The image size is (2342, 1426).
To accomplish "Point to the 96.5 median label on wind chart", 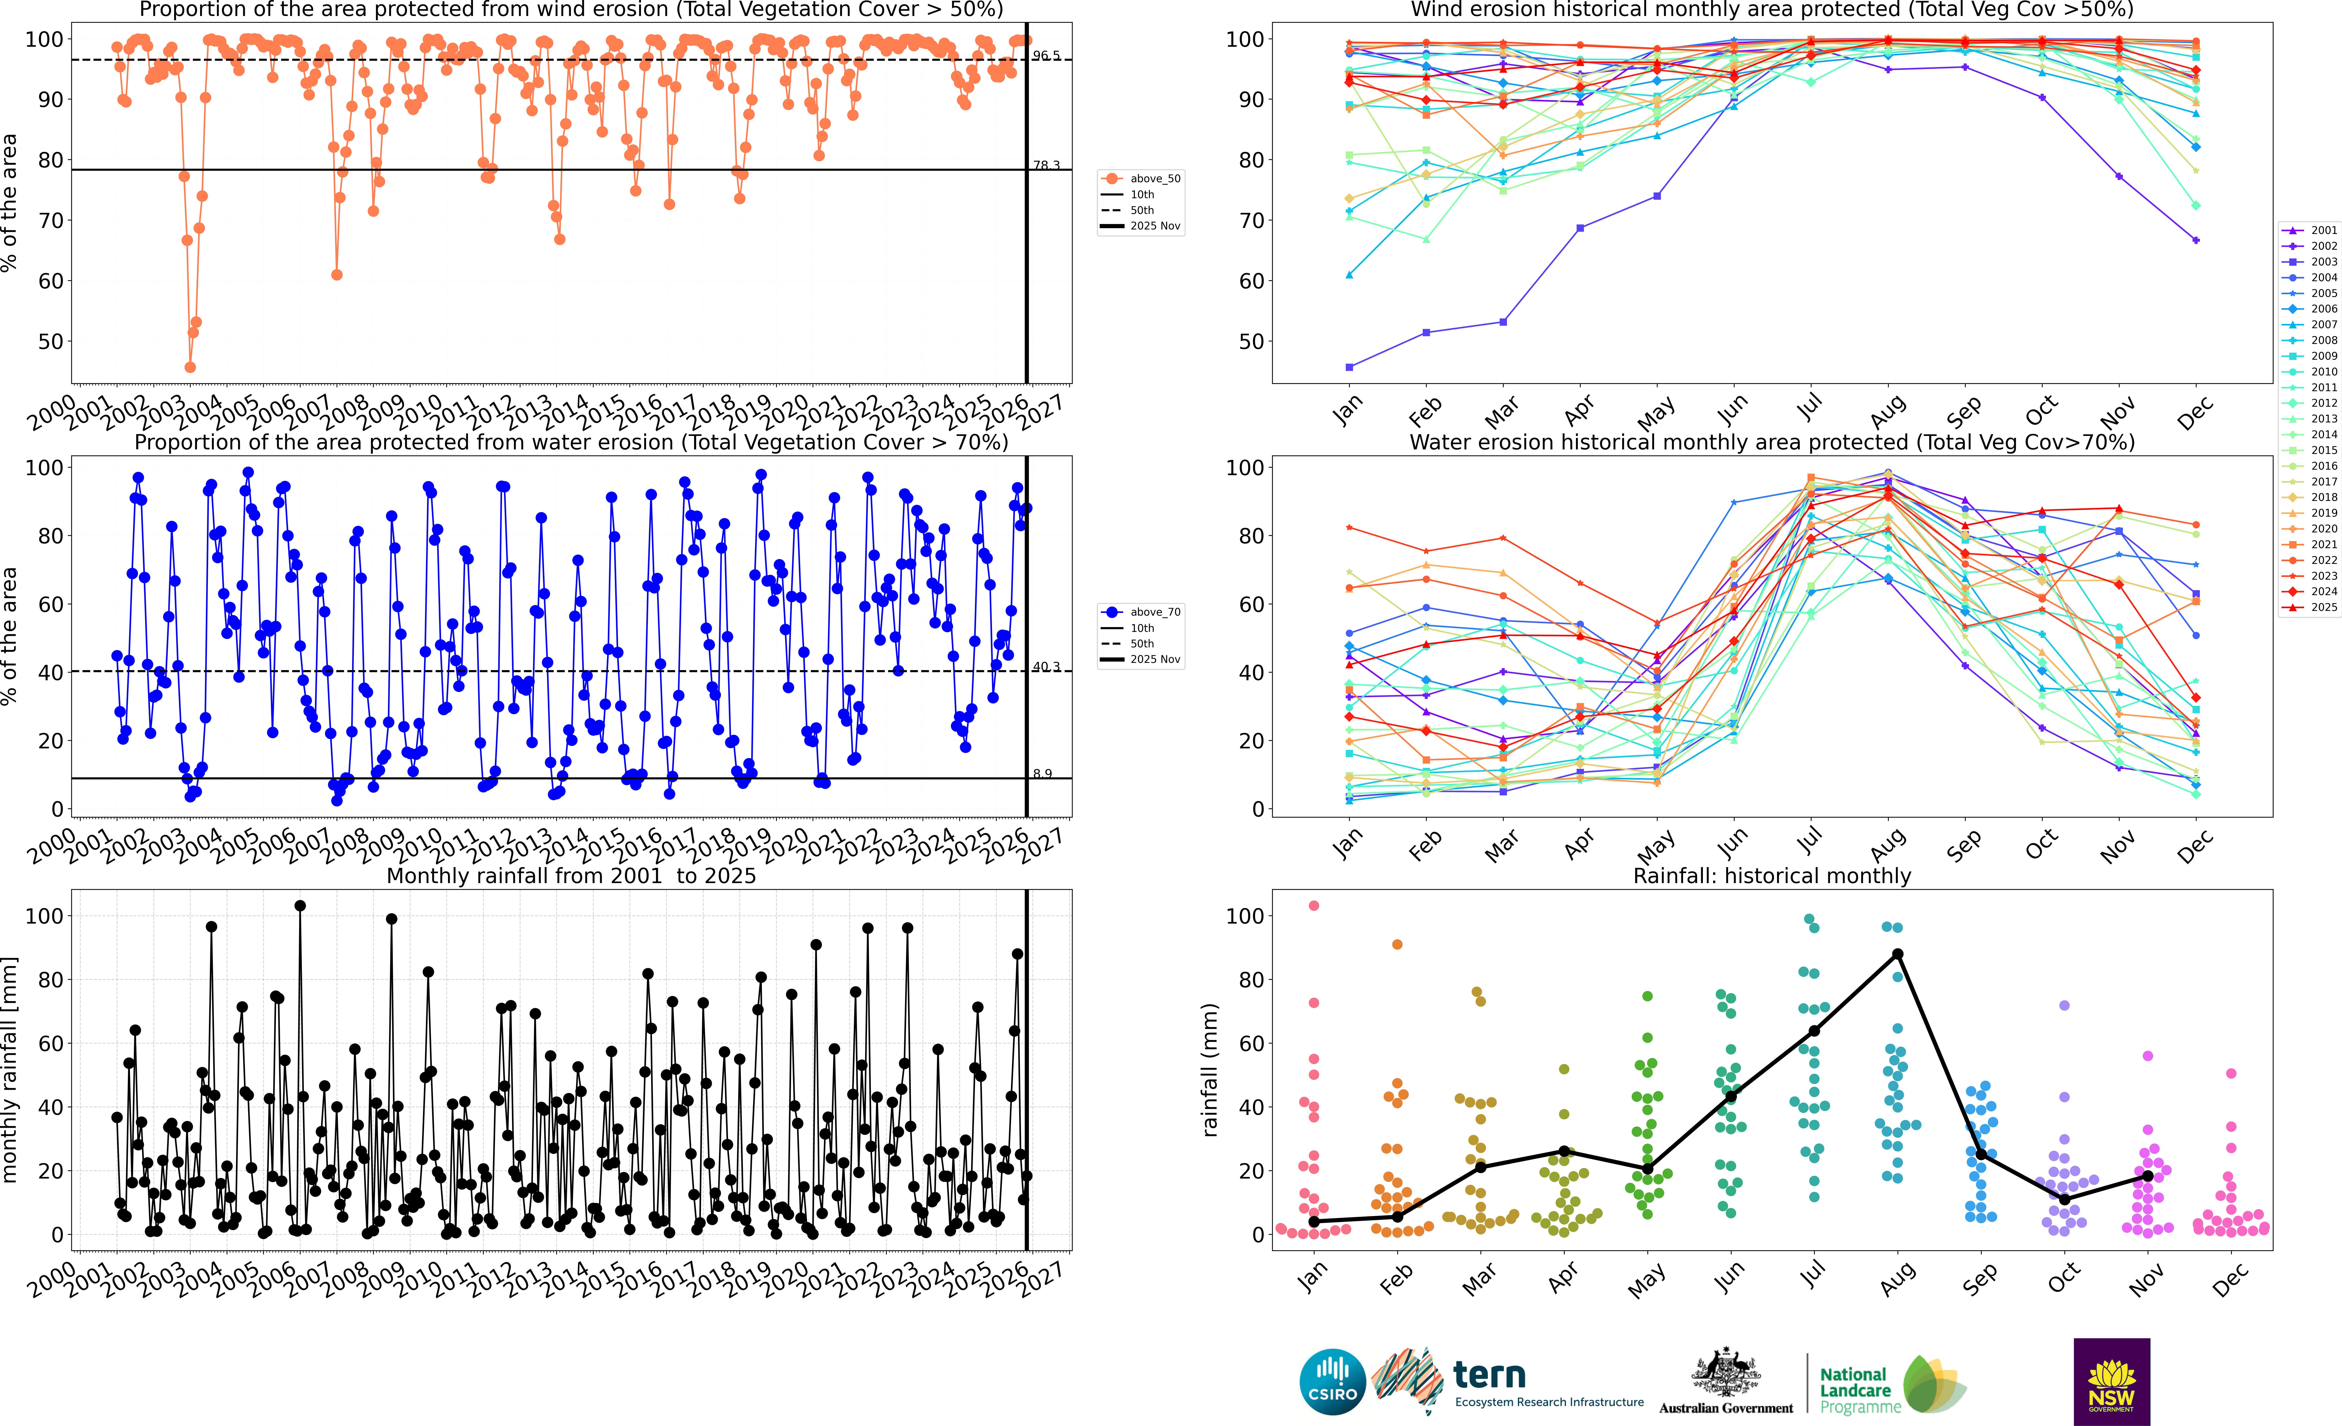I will click(1046, 56).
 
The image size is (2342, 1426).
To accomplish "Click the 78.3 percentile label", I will click(1046, 165).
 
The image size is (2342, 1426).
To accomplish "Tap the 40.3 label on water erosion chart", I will click(1046, 667).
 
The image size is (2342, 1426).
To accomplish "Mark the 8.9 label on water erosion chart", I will click(1043, 774).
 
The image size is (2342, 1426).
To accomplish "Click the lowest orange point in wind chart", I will click(190, 367).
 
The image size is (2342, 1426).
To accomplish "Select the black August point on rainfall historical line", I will click(1897, 954).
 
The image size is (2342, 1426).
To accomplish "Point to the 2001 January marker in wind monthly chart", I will click(1350, 367).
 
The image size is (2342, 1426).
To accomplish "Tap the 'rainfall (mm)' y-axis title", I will click(1210, 1070).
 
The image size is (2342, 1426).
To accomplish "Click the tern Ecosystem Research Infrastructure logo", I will click(1511, 1381).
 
